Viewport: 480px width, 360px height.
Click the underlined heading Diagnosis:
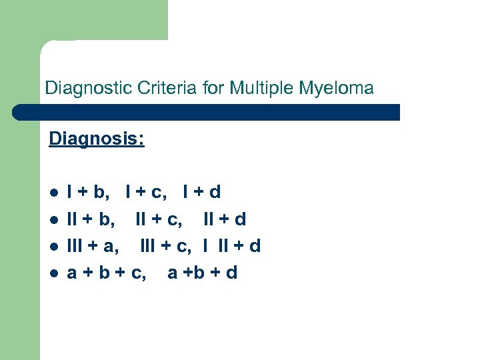click(x=97, y=140)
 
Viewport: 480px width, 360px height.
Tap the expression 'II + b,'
click(x=91, y=219)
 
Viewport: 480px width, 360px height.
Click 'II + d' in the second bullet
click(x=225, y=219)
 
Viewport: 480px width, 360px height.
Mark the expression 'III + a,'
click(x=94, y=246)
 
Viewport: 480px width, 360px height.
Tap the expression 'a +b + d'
click(x=202, y=273)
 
